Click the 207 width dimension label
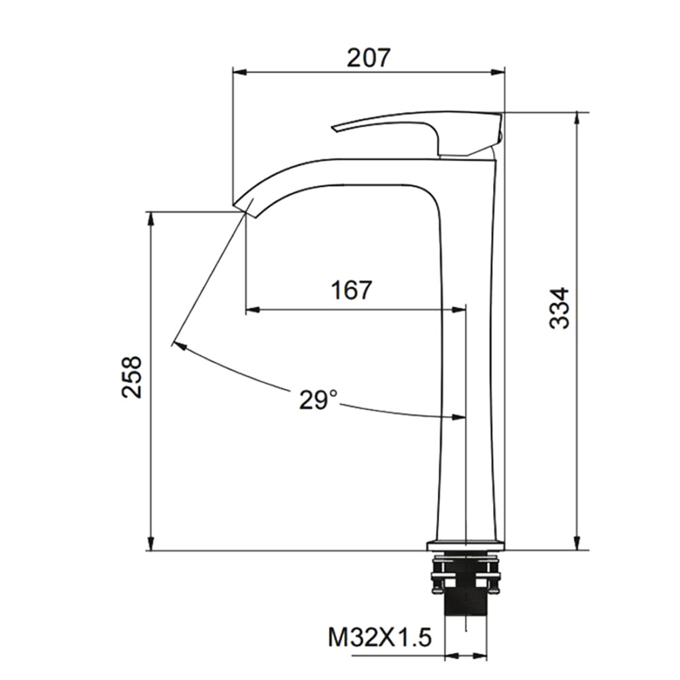click(369, 57)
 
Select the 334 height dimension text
click(559, 308)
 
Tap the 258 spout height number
click(131, 377)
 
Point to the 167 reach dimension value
click(352, 290)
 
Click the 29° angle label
click(318, 399)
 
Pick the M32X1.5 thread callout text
click(380, 638)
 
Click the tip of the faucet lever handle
click(333, 128)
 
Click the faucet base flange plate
click(466, 545)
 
